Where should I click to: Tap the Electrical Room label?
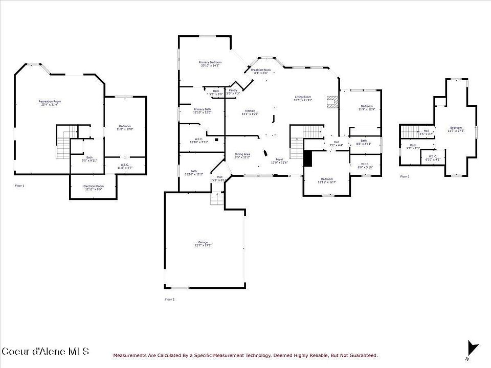click(93, 187)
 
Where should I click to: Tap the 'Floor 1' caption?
click(19, 186)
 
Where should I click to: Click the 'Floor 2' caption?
click(169, 299)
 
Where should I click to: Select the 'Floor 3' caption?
click(405, 176)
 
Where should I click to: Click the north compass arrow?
click(473, 349)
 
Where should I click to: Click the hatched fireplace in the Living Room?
click(332, 101)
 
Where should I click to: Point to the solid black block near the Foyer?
click(307, 158)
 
